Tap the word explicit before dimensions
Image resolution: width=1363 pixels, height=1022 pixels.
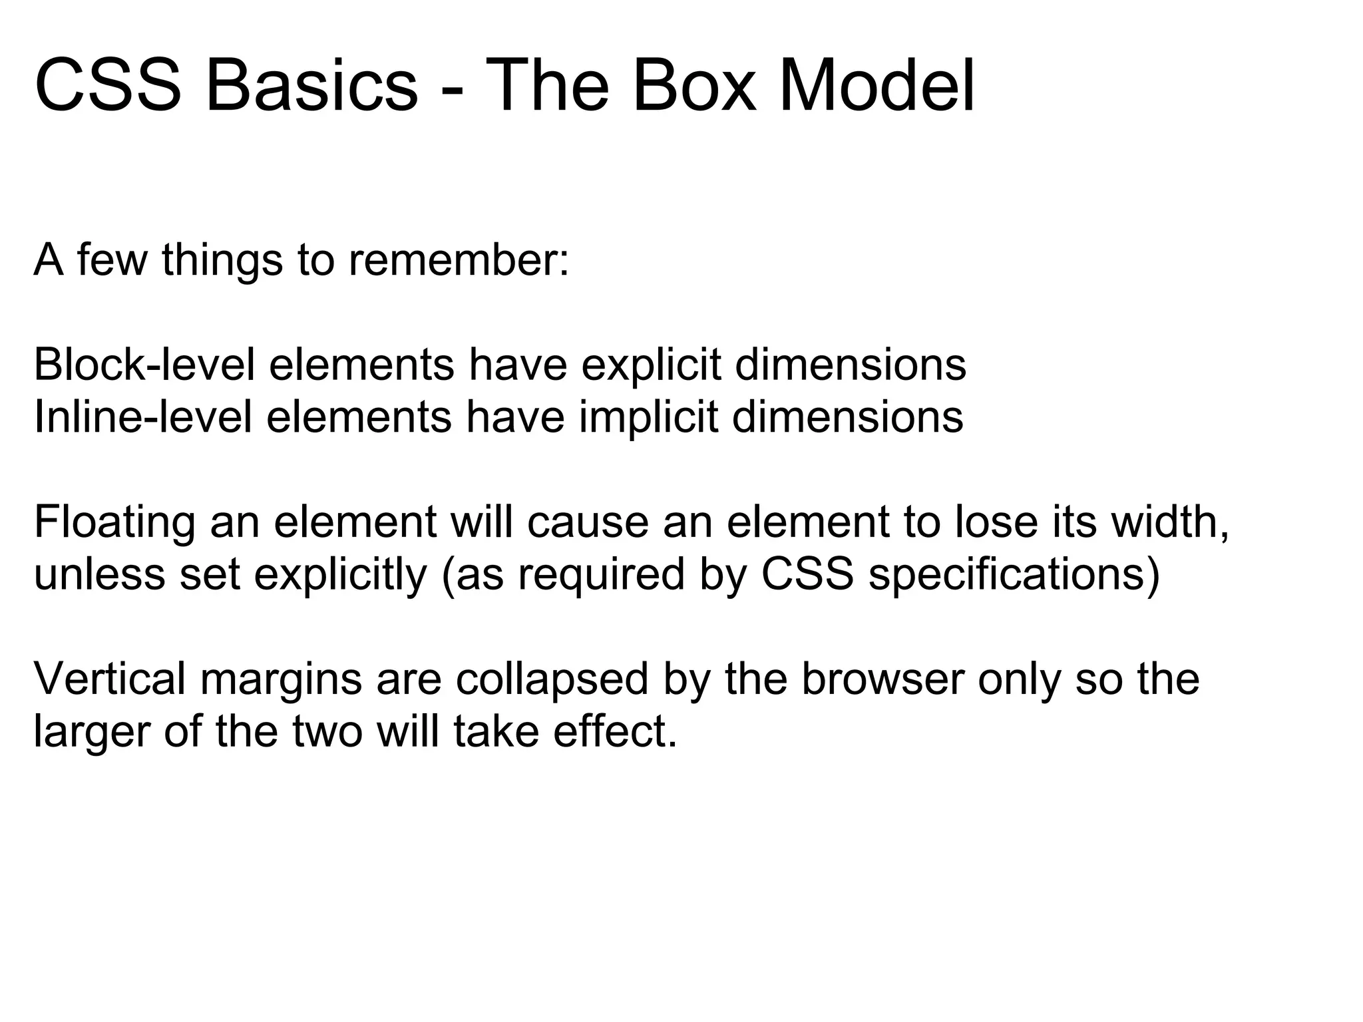tap(650, 367)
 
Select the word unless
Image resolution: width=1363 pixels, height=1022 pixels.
tap(99, 574)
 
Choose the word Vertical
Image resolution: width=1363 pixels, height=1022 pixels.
tap(109, 679)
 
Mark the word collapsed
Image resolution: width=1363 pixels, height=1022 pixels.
tap(552, 681)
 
